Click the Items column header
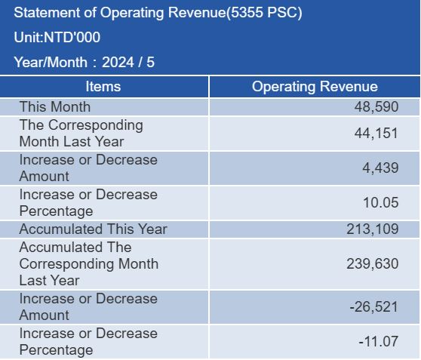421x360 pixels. (x=103, y=87)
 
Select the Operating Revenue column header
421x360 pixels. (x=315, y=87)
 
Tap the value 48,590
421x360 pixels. (x=376, y=107)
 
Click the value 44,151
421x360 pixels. (x=376, y=134)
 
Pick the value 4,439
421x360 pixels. (x=380, y=168)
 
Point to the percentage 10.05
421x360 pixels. (x=380, y=202)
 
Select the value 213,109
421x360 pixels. (x=372, y=229)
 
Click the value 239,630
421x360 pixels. (x=372, y=264)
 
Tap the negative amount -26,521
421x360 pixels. (x=373, y=307)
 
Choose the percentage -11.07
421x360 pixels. (x=378, y=342)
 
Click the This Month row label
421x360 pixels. (x=55, y=106)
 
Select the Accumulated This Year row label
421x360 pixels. (x=93, y=229)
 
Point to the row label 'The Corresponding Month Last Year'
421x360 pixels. (x=81, y=134)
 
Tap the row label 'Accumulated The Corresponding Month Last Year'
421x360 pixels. (x=88, y=264)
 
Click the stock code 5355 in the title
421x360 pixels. (x=247, y=12)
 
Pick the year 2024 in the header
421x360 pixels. (x=118, y=63)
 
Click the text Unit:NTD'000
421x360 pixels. (x=57, y=37)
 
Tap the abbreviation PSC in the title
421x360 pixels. (x=282, y=12)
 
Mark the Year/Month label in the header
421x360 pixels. (x=51, y=63)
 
